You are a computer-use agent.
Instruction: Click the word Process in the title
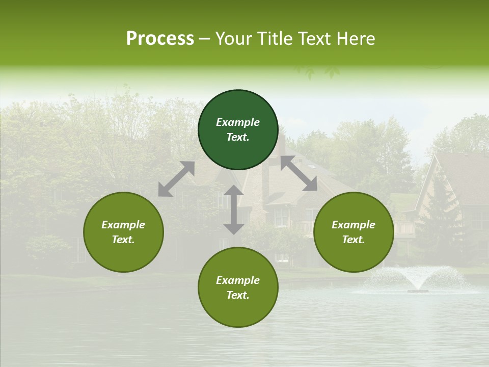point(160,39)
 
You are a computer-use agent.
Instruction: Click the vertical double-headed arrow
point(234,209)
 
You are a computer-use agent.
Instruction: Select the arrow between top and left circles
point(176,179)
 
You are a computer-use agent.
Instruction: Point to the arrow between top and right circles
point(298,174)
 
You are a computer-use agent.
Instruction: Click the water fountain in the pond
point(417,279)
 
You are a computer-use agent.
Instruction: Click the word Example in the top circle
point(238,122)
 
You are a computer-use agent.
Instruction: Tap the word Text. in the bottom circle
point(238,295)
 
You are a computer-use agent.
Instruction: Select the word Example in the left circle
point(123,225)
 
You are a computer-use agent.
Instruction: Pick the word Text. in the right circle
point(354,240)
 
